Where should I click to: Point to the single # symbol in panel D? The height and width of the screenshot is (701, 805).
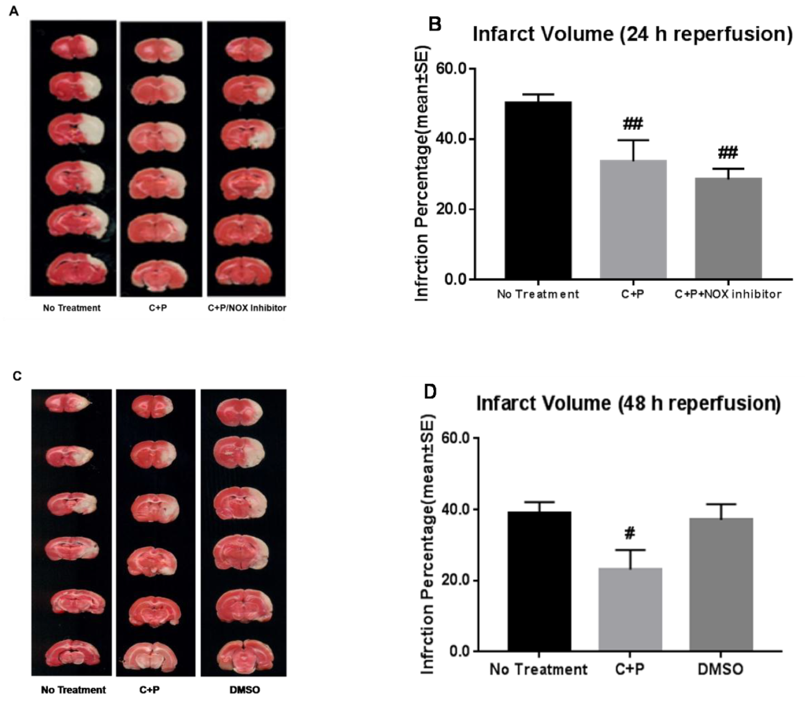(x=629, y=533)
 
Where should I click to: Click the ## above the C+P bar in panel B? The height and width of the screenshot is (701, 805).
(x=632, y=124)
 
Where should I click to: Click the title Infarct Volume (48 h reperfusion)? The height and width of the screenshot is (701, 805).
(x=628, y=403)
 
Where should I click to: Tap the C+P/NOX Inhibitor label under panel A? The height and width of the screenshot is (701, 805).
(x=247, y=308)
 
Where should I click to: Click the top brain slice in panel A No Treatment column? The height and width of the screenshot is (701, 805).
(x=74, y=48)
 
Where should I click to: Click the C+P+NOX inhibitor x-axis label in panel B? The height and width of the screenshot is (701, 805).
(x=728, y=294)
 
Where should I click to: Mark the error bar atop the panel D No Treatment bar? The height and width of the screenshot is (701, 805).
(x=538, y=506)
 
